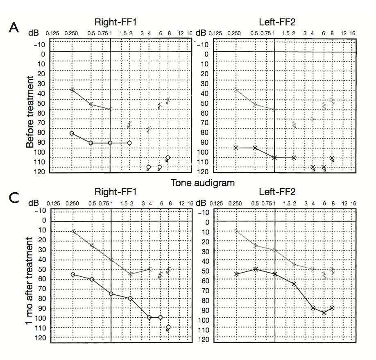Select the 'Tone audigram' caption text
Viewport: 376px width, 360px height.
203,183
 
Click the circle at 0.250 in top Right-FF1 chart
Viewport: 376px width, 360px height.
72,134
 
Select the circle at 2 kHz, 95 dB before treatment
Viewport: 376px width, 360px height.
129,143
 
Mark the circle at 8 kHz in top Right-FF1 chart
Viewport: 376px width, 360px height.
168,158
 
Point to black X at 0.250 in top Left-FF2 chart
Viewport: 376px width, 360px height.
236,148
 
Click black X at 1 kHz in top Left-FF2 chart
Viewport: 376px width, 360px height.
274,157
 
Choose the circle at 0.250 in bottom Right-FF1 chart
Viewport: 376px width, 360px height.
73,274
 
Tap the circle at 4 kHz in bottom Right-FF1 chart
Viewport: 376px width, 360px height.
149,317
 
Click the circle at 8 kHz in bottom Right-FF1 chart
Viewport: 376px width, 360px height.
169,327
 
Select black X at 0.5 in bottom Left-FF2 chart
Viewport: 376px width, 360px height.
256,269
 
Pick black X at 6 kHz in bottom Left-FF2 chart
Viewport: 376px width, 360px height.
324,312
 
